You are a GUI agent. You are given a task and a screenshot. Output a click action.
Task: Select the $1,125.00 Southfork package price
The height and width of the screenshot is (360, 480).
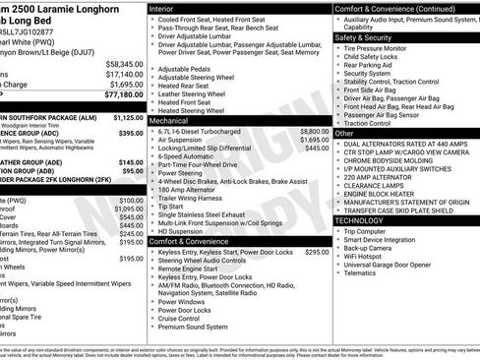pyautogui.click(x=124, y=116)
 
